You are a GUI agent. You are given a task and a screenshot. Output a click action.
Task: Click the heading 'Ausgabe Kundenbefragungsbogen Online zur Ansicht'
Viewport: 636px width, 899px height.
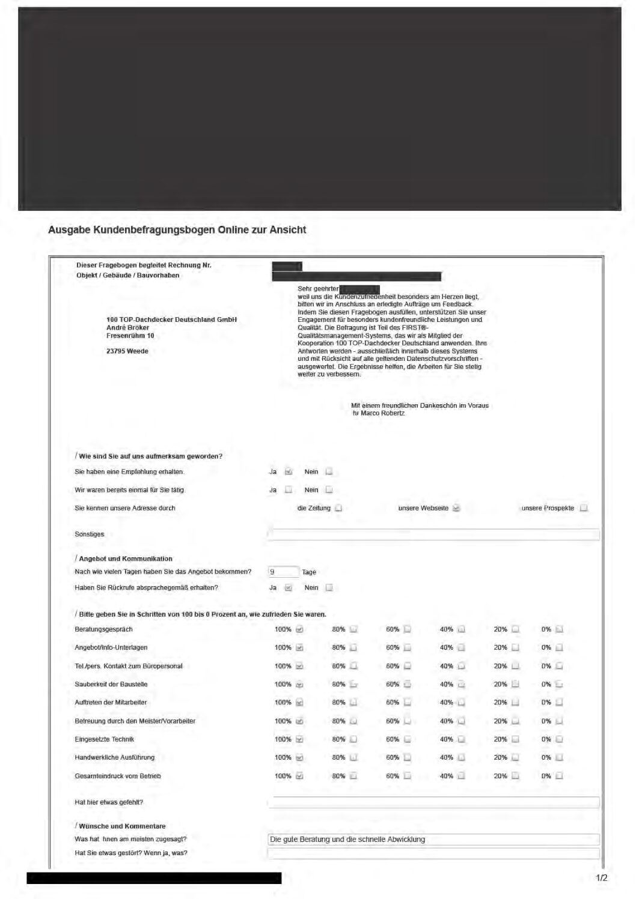[177, 230]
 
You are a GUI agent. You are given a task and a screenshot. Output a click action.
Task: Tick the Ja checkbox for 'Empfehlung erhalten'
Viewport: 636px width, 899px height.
[289, 471]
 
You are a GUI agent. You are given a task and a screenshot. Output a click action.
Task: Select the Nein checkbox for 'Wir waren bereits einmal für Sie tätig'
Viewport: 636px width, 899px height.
[329, 490]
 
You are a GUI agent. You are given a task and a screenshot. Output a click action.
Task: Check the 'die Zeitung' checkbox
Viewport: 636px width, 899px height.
[338, 508]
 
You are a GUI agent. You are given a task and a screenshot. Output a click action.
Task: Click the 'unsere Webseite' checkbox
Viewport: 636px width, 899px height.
[456, 508]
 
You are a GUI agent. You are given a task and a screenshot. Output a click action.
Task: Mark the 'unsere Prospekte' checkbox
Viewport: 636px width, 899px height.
[584, 508]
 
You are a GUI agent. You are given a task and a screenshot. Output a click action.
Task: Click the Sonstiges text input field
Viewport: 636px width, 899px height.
[433, 534]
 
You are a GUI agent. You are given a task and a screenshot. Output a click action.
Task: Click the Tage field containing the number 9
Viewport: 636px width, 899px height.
[283, 572]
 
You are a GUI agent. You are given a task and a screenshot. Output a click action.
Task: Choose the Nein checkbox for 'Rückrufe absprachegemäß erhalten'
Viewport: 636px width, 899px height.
[329, 588]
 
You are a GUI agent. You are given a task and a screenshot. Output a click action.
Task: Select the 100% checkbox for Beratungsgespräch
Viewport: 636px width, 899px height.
[299, 629]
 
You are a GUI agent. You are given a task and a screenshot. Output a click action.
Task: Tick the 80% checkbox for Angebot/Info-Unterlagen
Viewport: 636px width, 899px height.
[353, 647]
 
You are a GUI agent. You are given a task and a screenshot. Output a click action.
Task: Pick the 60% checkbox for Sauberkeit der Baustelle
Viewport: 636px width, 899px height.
[408, 684]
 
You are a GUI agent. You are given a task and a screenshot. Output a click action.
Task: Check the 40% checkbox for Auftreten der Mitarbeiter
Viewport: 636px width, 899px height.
[462, 703]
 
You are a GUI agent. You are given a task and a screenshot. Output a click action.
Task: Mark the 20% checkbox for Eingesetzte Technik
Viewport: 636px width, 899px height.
[515, 739]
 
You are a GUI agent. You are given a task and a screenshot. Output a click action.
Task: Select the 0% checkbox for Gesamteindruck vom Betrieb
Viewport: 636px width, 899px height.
[559, 776]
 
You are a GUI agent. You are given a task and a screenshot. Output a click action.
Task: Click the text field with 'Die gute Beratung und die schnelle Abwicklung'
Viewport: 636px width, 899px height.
[433, 840]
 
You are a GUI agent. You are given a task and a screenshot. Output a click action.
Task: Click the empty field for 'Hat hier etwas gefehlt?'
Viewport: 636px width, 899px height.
[433, 802]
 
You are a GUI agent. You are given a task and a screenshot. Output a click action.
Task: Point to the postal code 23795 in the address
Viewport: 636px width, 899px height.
[115, 351]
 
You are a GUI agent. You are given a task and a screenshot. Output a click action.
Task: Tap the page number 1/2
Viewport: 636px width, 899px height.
[601, 878]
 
